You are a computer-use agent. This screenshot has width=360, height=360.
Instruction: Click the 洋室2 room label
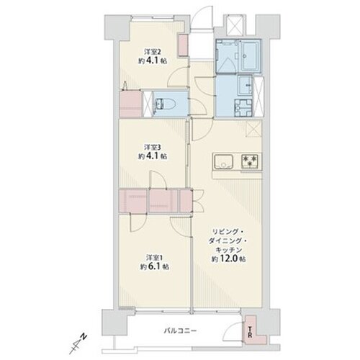(x=152, y=52)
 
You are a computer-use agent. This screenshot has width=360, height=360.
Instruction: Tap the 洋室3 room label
(x=152, y=147)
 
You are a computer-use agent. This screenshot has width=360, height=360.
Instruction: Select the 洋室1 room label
(x=155, y=258)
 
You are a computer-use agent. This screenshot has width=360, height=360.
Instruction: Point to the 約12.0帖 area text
(x=228, y=258)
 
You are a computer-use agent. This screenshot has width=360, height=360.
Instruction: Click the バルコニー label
(x=181, y=331)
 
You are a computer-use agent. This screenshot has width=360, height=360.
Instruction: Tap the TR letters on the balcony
(x=250, y=332)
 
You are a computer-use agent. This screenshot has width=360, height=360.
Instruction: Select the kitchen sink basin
(x=224, y=162)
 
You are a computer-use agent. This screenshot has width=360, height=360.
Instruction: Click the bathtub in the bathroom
(x=251, y=55)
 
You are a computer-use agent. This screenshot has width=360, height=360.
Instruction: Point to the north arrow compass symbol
(x=78, y=343)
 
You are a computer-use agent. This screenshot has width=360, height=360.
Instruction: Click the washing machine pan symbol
(x=243, y=108)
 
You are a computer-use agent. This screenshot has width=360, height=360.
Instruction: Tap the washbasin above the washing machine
(x=245, y=86)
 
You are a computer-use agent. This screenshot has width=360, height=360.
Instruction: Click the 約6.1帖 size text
(x=155, y=266)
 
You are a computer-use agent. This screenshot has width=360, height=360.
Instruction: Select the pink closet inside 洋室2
(x=182, y=45)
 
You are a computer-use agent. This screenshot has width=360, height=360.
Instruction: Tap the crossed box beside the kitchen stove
(x=254, y=129)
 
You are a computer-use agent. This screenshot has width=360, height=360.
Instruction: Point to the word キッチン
(x=228, y=250)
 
